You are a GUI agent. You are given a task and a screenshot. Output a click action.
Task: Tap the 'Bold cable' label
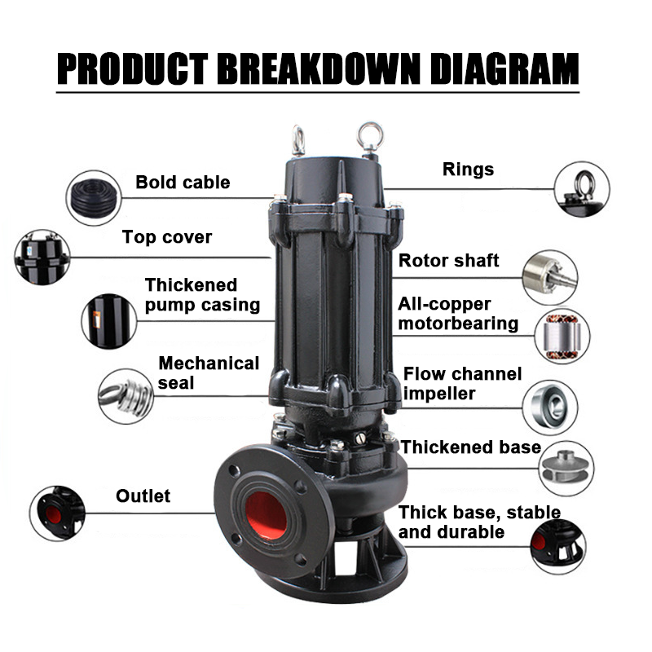tap(183, 182)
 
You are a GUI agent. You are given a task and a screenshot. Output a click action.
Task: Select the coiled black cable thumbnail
tap(94, 198)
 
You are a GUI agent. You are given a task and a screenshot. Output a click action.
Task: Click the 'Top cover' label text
tap(167, 237)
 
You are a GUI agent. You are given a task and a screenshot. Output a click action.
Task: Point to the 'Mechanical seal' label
tap(209, 372)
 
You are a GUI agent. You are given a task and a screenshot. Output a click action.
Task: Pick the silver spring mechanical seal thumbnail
tap(126, 396)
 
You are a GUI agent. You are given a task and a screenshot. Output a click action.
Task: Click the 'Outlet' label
tap(143, 496)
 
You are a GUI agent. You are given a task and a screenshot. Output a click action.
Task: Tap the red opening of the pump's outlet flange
tap(266, 514)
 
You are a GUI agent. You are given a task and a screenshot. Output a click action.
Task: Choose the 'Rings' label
tap(468, 170)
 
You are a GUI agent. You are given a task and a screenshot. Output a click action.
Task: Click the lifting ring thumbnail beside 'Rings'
tap(582, 189)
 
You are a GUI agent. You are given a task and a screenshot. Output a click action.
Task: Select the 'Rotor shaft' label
tap(449, 260)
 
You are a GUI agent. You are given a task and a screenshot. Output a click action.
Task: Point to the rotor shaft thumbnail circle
tap(549, 277)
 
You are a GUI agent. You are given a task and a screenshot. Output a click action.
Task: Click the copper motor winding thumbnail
tap(562, 336)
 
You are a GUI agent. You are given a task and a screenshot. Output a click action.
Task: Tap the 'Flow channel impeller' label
tap(462, 383)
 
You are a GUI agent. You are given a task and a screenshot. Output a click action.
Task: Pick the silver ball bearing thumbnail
tap(549, 407)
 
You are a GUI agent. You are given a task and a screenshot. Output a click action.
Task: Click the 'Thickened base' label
tap(471, 447)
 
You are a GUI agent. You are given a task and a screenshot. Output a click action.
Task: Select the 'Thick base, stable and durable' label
tap(479, 522)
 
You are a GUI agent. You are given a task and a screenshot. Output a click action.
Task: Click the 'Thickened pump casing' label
tap(202, 295)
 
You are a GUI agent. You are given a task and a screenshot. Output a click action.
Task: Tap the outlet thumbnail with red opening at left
tap(57, 513)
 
